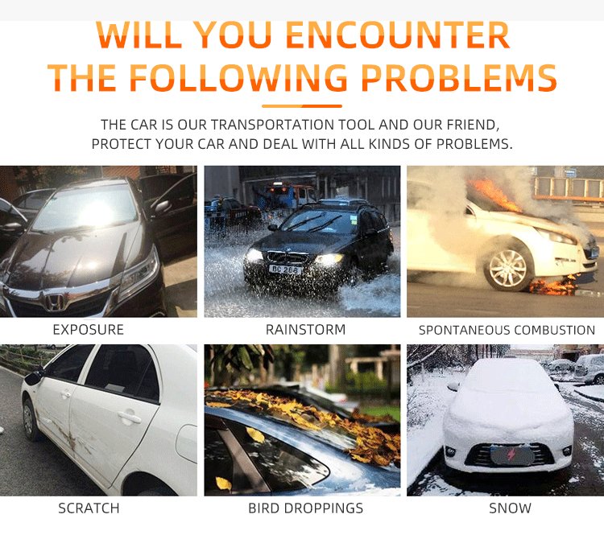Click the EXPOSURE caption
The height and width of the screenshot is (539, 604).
pyautogui.click(x=89, y=330)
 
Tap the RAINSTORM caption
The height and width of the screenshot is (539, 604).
pyautogui.click(x=305, y=330)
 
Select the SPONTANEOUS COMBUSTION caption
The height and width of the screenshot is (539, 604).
pyautogui.click(x=507, y=330)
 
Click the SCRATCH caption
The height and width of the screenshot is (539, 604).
pyautogui.click(x=89, y=508)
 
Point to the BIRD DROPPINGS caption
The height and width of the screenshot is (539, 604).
pyautogui.click(x=305, y=508)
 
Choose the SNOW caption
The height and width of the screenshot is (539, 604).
pyautogui.click(x=510, y=508)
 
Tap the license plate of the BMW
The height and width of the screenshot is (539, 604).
pyautogui.click(x=285, y=269)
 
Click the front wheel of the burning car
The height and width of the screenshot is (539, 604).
pyautogui.click(x=507, y=269)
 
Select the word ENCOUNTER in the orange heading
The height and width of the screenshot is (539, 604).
pyautogui.click(x=398, y=35)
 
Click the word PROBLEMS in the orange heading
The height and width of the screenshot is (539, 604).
pyautogui.click(x=459, y=77)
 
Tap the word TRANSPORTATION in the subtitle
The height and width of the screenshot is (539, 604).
pyautogui.click(x=273, y=125)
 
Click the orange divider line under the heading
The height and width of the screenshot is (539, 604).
pyautogui.click(x=302, y=106)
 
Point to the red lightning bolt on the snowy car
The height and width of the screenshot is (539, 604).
pyautogui.click(x=511, y=455)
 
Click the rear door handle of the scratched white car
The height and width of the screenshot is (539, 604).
pyautogui.click(x=129, y=418)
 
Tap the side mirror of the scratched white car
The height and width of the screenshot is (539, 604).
pyautogui.click(x=34, y=377)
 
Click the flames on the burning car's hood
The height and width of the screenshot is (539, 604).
pyautogui.click(x=495, y=195)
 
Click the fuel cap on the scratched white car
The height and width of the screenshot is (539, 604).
pyautogui.click(x=187, y=442)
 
